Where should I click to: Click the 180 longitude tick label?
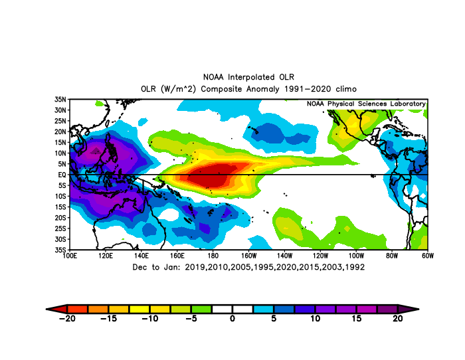[213, 256]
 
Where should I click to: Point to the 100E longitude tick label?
[70, 256]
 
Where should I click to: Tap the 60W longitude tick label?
[428, 256]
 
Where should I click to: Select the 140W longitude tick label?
[284, 256]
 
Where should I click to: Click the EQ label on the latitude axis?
[62, 175]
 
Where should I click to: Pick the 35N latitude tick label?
[60, 100]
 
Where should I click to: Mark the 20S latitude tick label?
[60, 218]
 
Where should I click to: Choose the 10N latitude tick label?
[60, 153]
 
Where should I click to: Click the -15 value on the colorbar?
[108, 318]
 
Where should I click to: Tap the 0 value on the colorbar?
[232, 318]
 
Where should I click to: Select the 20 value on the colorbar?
[398, 318]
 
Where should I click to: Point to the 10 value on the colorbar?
[316, 318]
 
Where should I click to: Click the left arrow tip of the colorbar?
[46, 309]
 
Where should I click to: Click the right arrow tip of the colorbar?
[418, 309]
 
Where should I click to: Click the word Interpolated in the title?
[251, 78]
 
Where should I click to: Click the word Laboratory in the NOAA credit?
[408, 104]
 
